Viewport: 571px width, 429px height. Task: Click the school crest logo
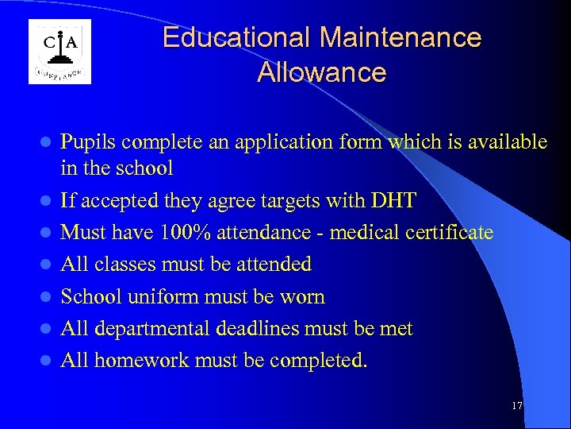coord(60,52)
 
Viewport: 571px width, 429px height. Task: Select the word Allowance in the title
coord(321,72)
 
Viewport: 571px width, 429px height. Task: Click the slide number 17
coord(517,406)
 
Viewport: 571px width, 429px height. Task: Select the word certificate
coord(450,233)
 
